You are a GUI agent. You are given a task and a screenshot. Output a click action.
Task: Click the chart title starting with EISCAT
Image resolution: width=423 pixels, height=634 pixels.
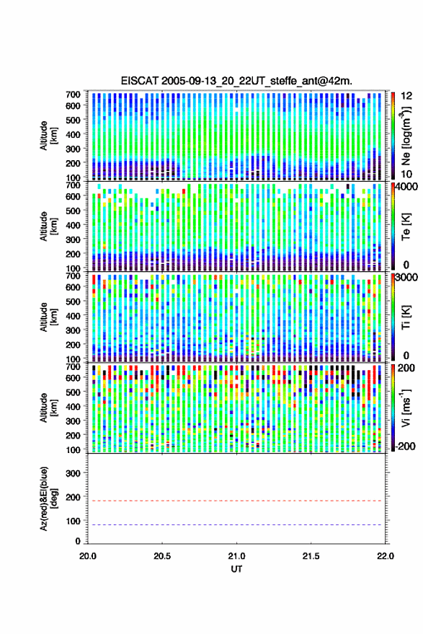(236, 81)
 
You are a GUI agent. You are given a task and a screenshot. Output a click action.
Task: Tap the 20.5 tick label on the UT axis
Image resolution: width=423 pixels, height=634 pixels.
(162, 556)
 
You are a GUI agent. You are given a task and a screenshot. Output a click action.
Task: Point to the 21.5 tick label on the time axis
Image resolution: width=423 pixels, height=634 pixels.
(311, 556)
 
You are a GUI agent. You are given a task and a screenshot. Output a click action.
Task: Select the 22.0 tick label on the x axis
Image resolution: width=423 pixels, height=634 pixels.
(385, 556)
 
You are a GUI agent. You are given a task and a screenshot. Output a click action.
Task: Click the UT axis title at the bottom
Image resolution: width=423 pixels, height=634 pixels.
(236, 569)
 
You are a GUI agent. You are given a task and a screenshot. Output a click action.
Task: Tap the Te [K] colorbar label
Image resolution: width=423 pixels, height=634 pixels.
(406, 226)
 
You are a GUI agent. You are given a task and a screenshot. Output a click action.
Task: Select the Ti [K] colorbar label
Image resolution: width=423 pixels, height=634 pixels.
(406, 317)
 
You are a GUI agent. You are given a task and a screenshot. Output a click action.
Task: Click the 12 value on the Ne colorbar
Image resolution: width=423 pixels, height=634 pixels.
(406, 96)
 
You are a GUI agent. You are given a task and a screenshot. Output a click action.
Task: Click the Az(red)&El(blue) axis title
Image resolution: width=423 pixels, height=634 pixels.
(48, 498)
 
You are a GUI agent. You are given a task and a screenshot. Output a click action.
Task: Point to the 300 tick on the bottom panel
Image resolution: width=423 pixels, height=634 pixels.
(73, 473)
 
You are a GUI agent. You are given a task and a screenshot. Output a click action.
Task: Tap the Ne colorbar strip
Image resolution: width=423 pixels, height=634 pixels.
(393, 136)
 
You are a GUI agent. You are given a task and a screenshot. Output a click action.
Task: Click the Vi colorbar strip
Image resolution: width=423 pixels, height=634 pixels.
(393, 408)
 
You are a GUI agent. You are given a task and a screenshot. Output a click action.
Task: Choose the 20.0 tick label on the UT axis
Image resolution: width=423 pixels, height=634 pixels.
(88, 556)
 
